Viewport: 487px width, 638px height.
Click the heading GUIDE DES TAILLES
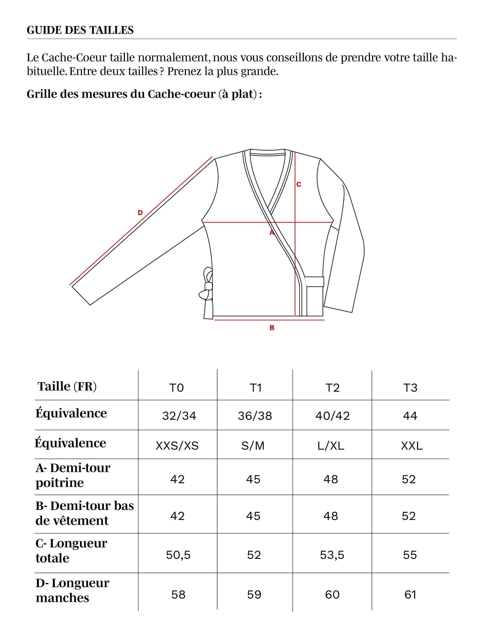point(80,30)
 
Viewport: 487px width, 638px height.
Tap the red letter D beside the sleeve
point(140,213)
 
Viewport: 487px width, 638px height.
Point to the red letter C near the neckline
point(299,184)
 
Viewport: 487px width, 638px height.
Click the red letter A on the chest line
point(272,232)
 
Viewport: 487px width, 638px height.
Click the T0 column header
point(177,388)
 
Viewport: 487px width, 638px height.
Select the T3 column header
point(410,388)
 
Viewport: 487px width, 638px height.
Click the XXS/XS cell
point(177,446)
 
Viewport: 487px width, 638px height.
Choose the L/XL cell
point(331,446)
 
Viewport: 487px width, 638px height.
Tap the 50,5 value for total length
point(178,555)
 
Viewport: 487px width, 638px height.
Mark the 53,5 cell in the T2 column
point(332,555)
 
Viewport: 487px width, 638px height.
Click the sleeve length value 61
point(410,594)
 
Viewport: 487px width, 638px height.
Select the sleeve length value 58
point(178,594)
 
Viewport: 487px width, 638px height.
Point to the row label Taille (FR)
point(67,387)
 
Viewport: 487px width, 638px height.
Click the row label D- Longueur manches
point(73,590)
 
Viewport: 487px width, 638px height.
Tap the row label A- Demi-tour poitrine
point(73,475)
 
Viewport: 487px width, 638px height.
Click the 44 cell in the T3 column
point(410,416)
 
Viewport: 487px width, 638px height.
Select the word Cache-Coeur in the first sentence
point(74,57)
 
